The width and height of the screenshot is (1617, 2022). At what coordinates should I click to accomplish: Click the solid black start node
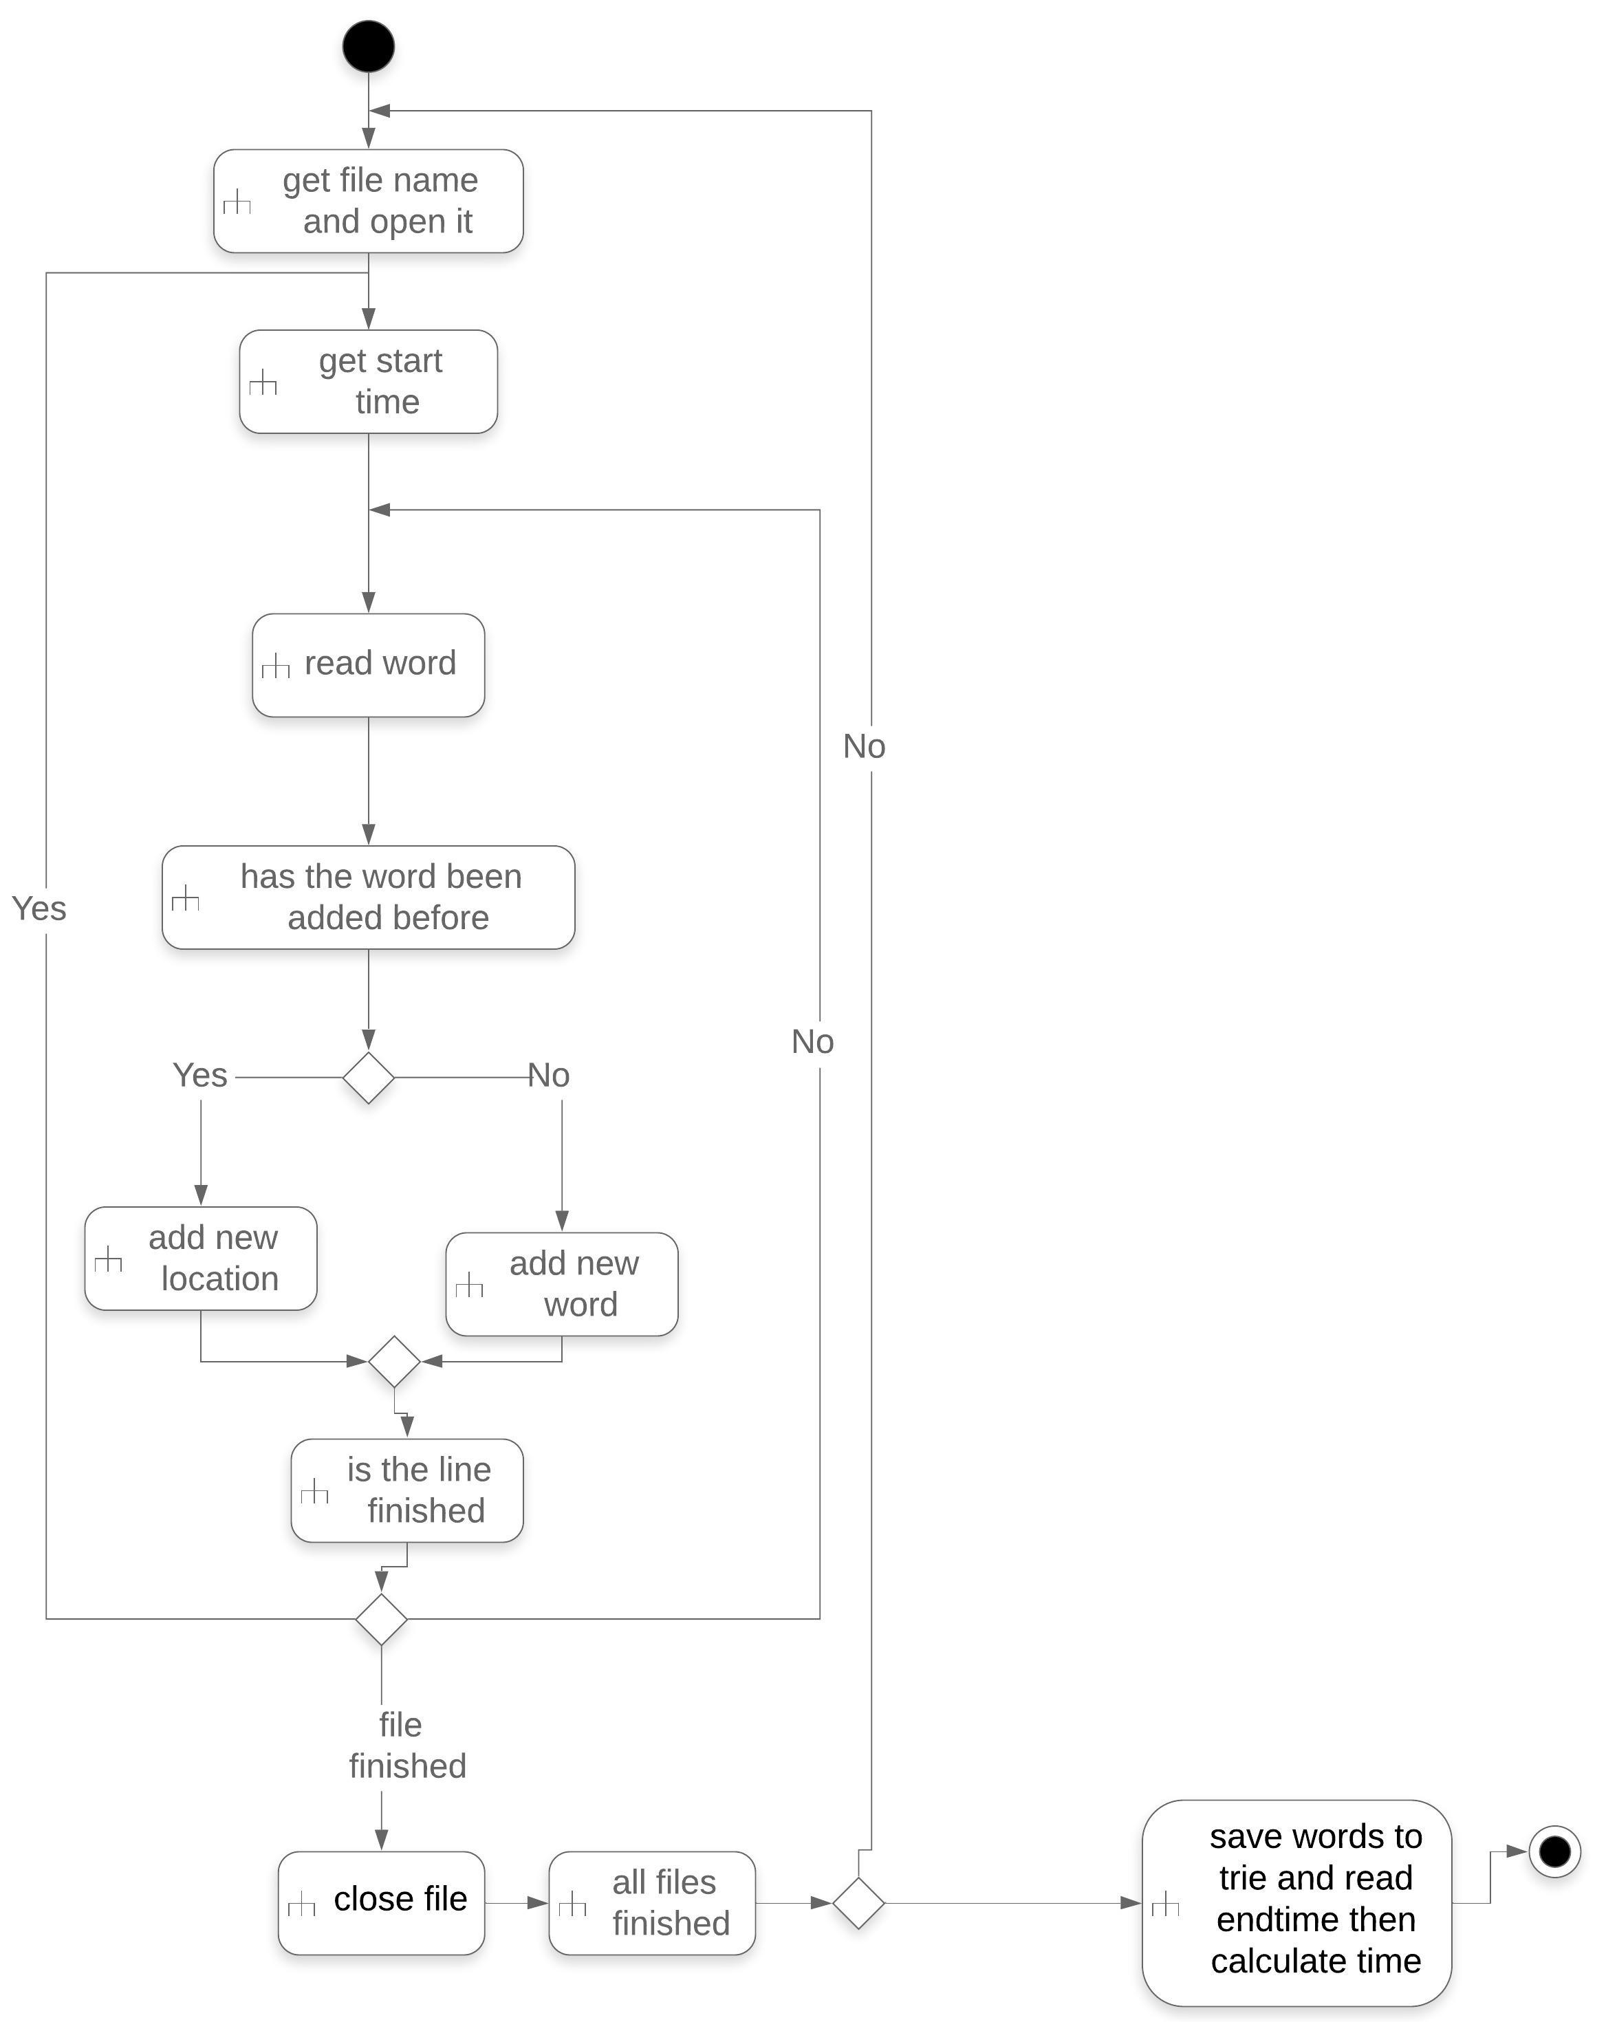click(368, 46)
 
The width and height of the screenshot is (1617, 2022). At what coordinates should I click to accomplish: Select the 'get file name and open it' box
click(368, 201)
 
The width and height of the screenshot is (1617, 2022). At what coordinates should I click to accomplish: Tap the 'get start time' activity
click(368, 381)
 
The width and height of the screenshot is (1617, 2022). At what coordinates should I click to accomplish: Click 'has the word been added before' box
click(368, 897)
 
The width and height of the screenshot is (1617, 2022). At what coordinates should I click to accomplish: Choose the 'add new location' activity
click(201, 1258)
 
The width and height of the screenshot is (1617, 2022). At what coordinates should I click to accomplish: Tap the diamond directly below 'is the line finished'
click(381, 1619)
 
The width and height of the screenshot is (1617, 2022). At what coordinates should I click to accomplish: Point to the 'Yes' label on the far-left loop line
click(39, 908)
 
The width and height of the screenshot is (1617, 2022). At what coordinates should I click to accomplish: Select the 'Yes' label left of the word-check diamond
click(199, 1075)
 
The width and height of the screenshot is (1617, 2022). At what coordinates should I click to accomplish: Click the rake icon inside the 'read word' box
click(275, 667)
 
